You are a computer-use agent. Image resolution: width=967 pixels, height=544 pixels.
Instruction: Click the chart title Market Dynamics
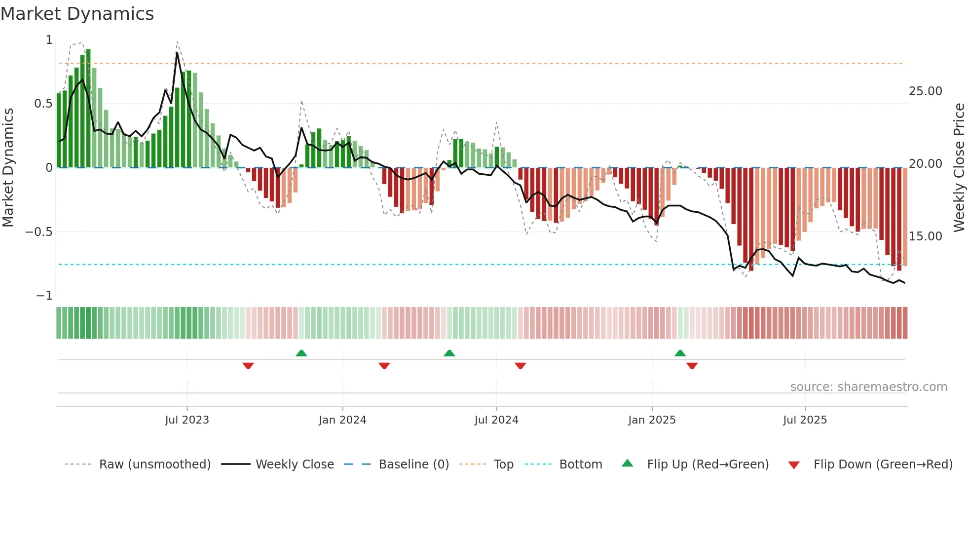77,14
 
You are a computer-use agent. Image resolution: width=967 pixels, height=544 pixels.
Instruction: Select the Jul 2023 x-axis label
187,420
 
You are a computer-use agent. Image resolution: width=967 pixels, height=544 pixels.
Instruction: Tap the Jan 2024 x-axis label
342,420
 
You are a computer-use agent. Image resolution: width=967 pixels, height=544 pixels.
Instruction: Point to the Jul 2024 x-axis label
496,420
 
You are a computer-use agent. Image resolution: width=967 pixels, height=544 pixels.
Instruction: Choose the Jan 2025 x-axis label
652,420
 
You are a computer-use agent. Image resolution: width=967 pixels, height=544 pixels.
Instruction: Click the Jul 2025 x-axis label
805,420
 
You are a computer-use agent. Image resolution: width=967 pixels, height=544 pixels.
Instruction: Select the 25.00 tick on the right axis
925,91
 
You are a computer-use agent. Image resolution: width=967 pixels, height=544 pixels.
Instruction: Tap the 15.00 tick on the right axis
925,236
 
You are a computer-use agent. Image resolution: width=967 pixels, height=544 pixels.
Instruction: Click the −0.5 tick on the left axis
38,232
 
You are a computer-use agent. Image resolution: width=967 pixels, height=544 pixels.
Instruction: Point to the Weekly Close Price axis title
959,168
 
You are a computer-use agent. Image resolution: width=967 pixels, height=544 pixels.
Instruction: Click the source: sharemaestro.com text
868,387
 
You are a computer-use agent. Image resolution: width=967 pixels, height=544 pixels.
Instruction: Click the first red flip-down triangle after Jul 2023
248,366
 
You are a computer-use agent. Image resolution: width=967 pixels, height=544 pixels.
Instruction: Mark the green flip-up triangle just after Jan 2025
680,353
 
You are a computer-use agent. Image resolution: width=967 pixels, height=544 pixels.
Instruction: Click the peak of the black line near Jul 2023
177,52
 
